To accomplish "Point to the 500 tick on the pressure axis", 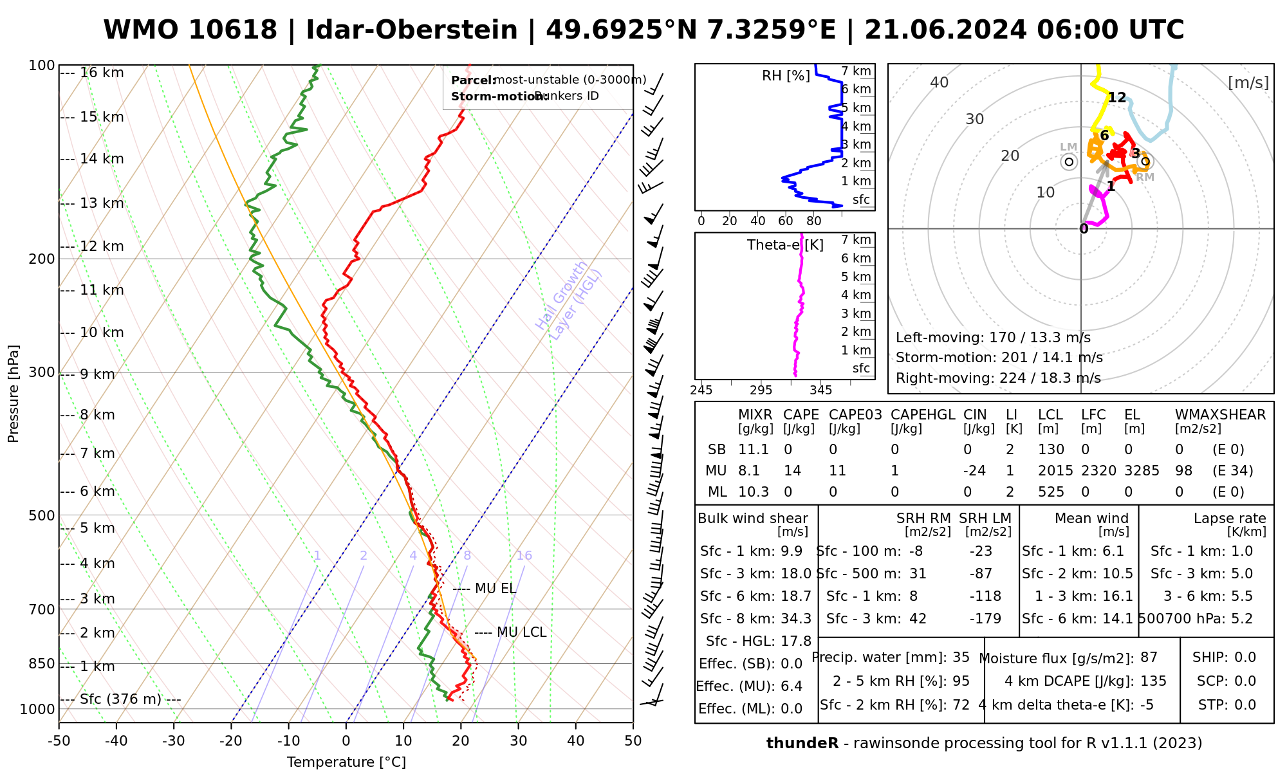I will (41, 515).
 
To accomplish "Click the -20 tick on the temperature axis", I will (231, 741).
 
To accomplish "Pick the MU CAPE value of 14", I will (792, 471).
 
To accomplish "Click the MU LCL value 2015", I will (1055, 471).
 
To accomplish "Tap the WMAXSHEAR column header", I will (1220, 415).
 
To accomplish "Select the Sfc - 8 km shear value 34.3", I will (796, 619).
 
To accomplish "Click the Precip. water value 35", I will (961, 657).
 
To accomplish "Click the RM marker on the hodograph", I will (1145, 161).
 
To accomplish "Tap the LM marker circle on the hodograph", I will (1069, 162).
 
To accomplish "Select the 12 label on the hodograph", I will (1117, 98).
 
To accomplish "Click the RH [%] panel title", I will (786, 76).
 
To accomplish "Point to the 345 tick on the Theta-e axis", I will (820, 391).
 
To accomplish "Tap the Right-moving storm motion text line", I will (998, 378).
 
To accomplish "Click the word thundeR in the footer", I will (802, 744).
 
